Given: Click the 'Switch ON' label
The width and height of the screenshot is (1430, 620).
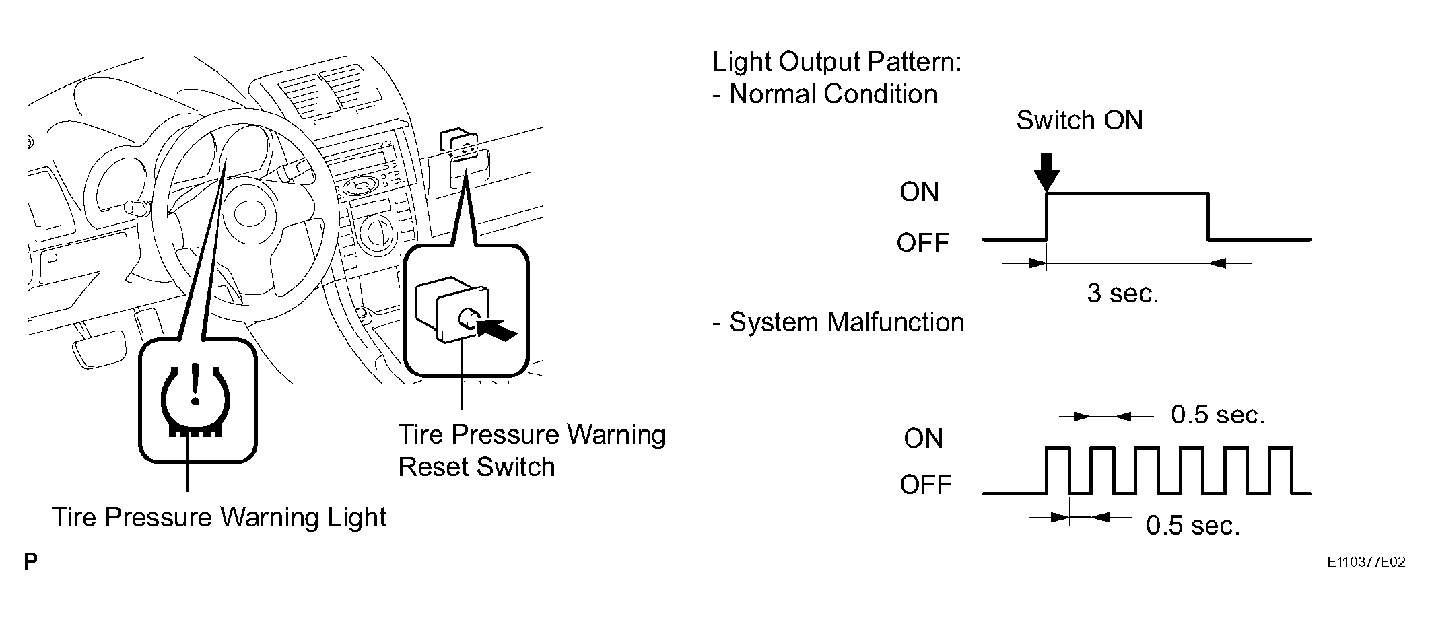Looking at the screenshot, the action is pos(1079,120).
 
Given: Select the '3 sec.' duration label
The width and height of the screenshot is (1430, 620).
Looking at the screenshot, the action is pos(1123,293).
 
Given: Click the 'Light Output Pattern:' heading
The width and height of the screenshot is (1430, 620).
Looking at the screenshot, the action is pos(837,62).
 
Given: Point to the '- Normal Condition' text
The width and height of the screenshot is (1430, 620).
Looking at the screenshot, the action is pos(825,94).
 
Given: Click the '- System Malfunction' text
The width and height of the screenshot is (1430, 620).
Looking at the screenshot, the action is pos(838,322).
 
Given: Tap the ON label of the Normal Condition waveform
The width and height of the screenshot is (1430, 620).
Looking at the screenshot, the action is pos(920,193).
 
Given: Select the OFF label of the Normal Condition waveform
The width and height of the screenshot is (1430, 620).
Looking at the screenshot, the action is pos(922,242).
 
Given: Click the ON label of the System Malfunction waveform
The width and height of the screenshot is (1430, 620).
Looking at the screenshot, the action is pos(923,439).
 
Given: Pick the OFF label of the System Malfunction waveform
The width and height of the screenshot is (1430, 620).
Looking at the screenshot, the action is pos(926,485).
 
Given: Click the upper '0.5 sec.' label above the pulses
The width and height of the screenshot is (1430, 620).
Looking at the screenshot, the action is pos(1218,415).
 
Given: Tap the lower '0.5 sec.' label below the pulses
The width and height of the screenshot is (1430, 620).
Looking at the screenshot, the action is pos(1193,526).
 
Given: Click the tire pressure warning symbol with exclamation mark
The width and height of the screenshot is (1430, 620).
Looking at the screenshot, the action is pos(195,401).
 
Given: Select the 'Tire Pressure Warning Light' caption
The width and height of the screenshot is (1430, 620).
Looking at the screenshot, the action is pos(219,517).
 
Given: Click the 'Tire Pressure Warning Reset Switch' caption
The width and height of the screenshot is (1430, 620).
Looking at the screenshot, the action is pos(532,450).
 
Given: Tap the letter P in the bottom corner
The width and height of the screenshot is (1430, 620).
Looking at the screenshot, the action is pos(30,561).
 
